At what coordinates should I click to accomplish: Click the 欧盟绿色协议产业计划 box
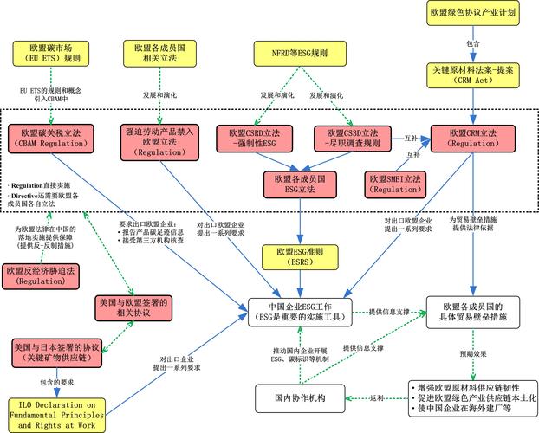(x=473, y=13)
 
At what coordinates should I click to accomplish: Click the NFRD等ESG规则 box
(x=300, y=54)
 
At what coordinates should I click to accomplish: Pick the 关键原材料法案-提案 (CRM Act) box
(x=473, y=74)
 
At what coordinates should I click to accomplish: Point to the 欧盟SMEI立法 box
(x=395, y=183)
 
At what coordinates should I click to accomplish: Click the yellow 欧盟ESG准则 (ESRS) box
(x=299, y=257)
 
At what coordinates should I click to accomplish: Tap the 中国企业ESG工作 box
(x=300, y=313)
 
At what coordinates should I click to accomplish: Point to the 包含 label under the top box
(x=473, y=42)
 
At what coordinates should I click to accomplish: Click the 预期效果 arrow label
(x=473, y=353)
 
